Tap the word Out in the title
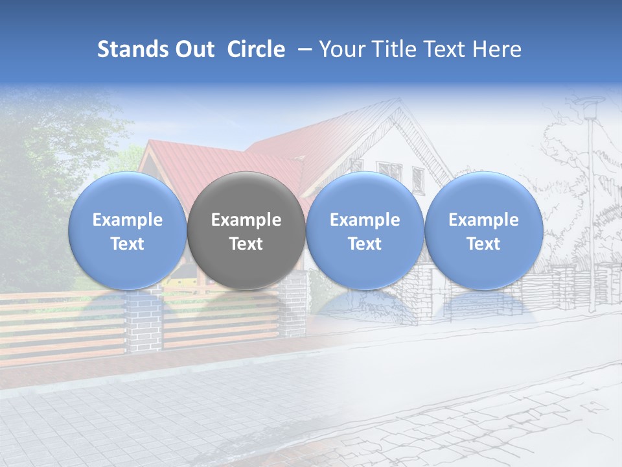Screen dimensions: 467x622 [193, 49]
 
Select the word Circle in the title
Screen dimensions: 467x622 [256, 49]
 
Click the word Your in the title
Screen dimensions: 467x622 [340, 49]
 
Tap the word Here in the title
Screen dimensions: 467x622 [497, 49]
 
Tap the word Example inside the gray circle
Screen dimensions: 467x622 [246, 220]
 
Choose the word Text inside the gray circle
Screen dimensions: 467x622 [246, 244]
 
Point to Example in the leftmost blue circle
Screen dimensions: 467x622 [127, 220]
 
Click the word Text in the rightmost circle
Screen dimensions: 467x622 [483, 244]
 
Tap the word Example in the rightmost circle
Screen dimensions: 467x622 [483, 220]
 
